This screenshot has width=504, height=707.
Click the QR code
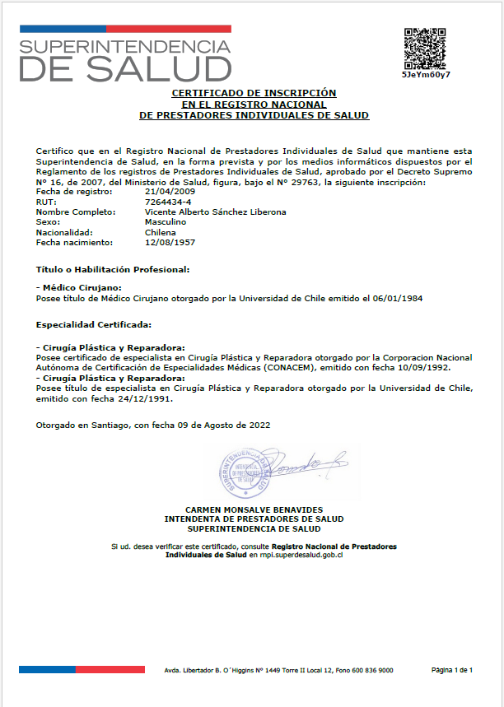[426, 48]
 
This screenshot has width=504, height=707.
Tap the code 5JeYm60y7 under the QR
[426, 74]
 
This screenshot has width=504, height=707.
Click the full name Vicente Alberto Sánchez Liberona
[215, 212]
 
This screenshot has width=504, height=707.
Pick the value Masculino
[165, 222]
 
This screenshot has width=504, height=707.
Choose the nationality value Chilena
[160, 232]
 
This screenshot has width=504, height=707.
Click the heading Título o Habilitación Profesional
[114, 269]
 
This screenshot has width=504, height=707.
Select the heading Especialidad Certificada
[94, 324]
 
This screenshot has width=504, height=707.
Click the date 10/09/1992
[427, 368]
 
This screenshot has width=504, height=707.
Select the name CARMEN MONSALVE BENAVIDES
[254, 510]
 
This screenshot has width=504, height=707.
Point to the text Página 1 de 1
[452, 671]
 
